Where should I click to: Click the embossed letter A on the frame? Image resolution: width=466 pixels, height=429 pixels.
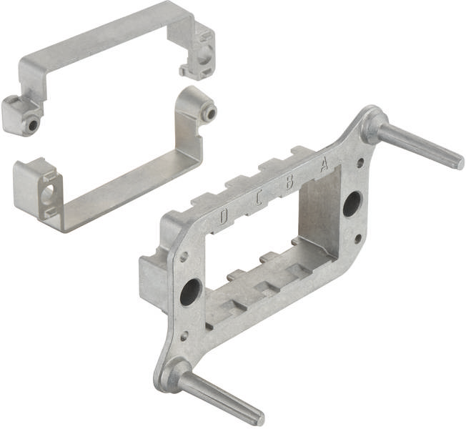click(324, 164)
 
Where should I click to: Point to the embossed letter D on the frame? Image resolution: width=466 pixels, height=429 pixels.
click(224, 216)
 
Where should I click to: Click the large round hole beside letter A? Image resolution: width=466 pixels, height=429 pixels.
click(352, 204)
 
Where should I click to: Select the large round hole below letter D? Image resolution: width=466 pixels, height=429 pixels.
click(190, 292)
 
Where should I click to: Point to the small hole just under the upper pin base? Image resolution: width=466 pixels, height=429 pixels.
click(360, 162)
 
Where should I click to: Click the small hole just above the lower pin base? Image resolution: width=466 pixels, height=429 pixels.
click(184, 335)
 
